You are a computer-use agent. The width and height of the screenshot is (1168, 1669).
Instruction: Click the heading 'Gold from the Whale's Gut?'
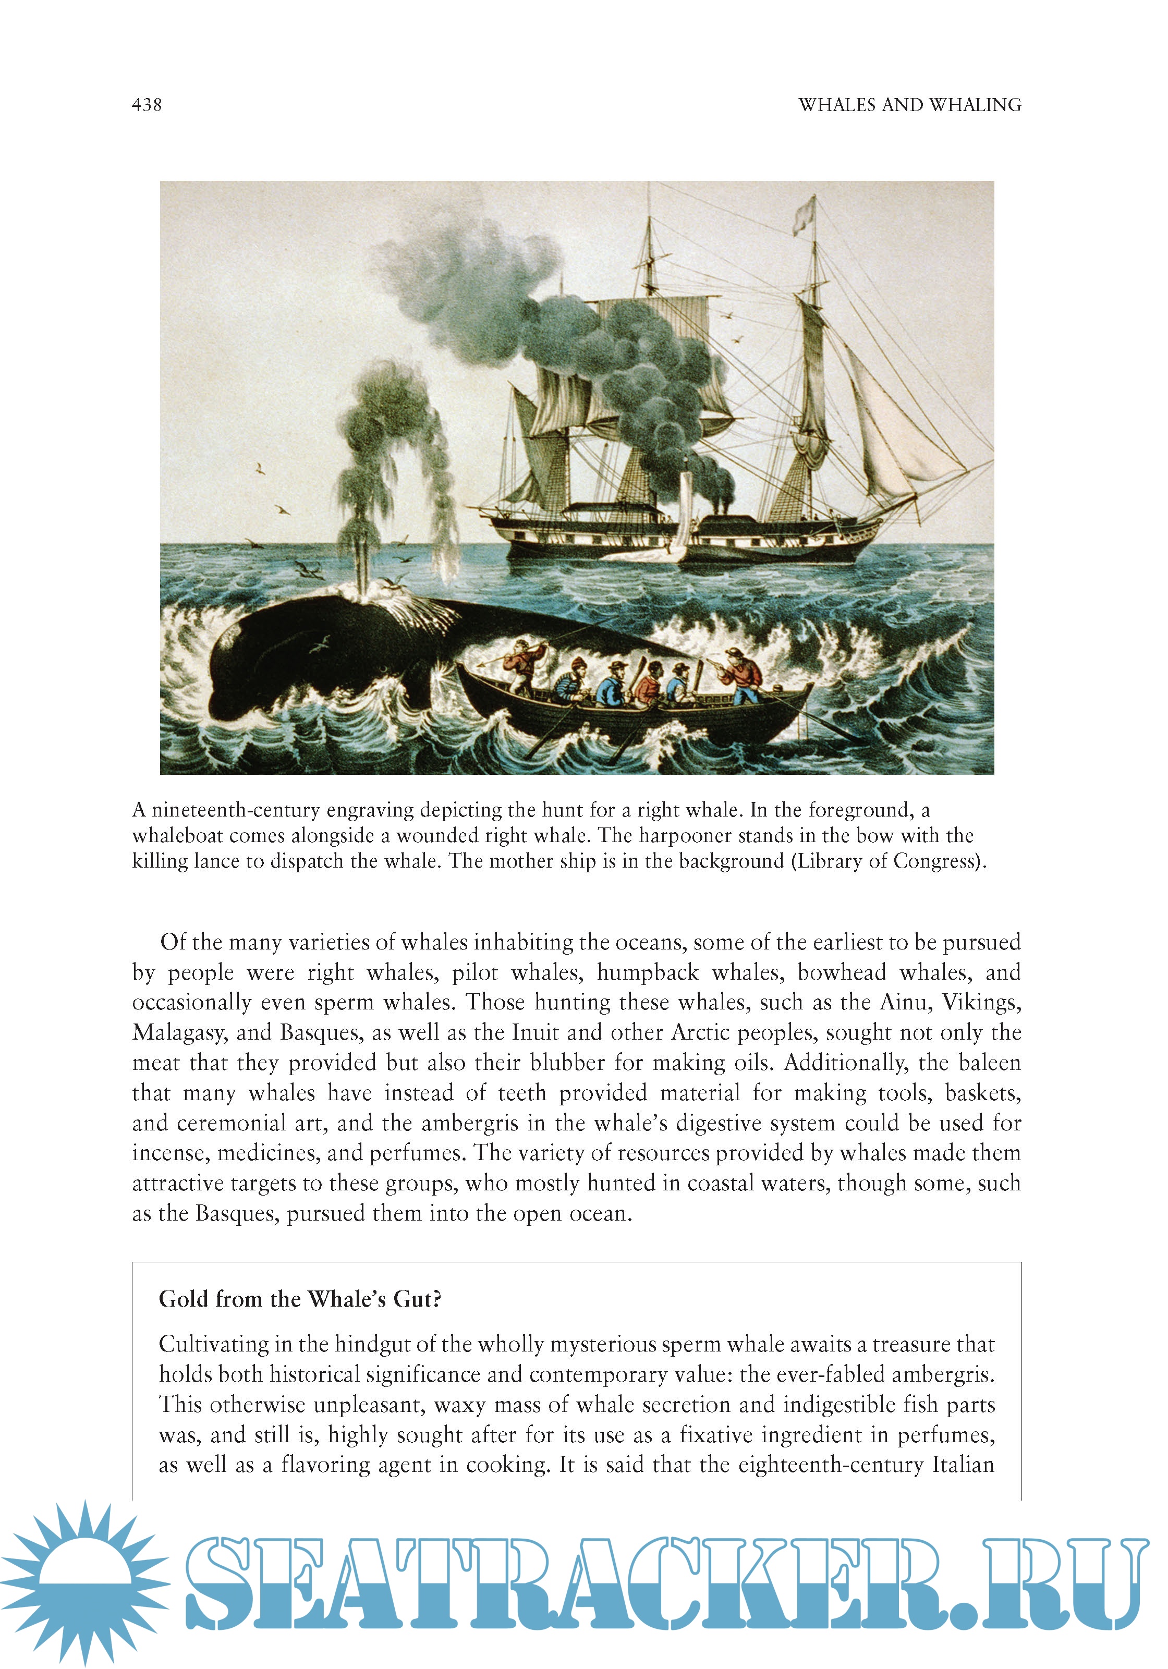[299, 1299]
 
